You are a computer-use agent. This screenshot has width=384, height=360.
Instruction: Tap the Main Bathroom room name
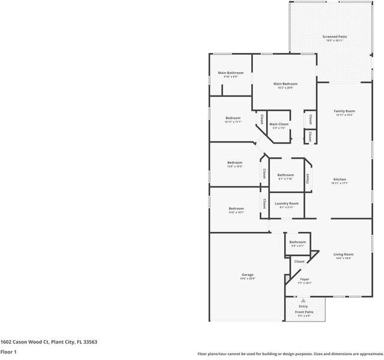tap(230, 73)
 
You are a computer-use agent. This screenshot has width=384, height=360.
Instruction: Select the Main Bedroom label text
tap(285, 84)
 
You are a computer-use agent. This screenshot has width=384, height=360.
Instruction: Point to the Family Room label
tap(345, 111)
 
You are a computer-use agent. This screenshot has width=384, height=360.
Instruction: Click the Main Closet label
tap(279, 124)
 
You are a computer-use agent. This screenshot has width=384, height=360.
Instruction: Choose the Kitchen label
tap(340, 179)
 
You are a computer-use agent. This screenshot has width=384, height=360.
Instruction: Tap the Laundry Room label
tap(287, 203)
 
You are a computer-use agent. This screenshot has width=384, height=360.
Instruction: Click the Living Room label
tap(344, 254)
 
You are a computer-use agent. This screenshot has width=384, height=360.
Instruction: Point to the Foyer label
tap(305, 279)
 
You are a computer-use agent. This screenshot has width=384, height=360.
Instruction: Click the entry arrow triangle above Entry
tap(303, 300)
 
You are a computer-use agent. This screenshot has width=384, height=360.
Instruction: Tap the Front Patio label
tap(303, 312)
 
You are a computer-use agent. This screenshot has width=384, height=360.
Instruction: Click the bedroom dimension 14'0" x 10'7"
tap(236, 212)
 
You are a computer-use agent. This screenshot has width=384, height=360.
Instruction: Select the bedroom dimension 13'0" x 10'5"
tap(234, 166)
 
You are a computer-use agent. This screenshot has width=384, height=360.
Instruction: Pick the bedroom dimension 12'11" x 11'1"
tap(233, 121)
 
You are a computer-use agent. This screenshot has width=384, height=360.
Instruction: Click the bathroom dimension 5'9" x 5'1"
tap(297, 246)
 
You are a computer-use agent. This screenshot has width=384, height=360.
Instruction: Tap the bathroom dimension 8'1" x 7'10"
tap(285, 179)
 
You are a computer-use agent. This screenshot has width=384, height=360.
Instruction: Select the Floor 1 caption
tap(8, 352)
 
